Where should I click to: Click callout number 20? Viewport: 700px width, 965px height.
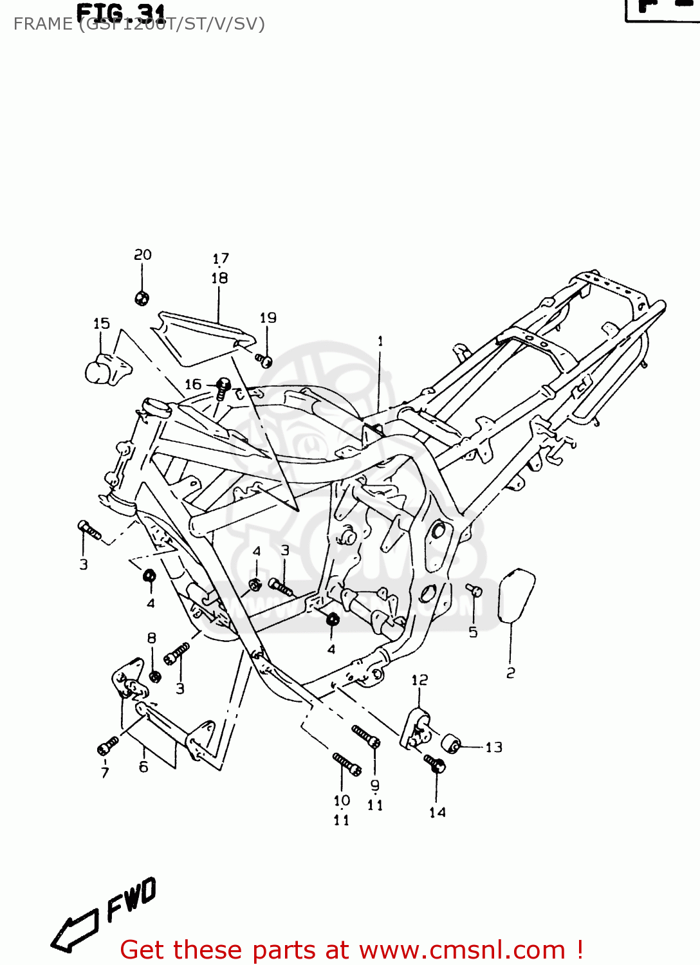pyautogui.click(x=142, y=255)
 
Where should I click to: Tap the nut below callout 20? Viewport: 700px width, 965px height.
pyautogui.click(x=142, y=298)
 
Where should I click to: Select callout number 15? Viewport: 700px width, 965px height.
pyautogui.click(x=102, y=324)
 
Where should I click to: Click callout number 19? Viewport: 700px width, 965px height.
pyautogui.click(x=268, y=318)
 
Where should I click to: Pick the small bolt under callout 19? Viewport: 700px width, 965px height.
pyautogui.click(x=264, y=360)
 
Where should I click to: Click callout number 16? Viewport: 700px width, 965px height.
pyautogui.click(x=193, y=384)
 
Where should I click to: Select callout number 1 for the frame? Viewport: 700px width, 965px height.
pyautogui.click(x=380, y=341)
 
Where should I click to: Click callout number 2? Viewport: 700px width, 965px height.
pyautogui.click(x=510, y=673)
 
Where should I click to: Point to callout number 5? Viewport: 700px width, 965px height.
pyautogui.click(x=473, y=632)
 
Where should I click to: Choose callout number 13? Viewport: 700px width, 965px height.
pyautogui.click(x=493, y=747)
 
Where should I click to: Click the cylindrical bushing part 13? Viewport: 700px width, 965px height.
pyautogui.click(x=453, y=744)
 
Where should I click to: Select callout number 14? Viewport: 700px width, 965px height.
pyautogui.click(x=438, y=813)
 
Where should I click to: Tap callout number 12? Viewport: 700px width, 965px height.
pyautogui.click(x=419, y=680)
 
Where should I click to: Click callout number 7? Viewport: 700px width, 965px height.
pyautogui.click(x=105, y=773)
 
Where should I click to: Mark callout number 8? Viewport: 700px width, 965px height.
pyautogui.click(x=152, y=638)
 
